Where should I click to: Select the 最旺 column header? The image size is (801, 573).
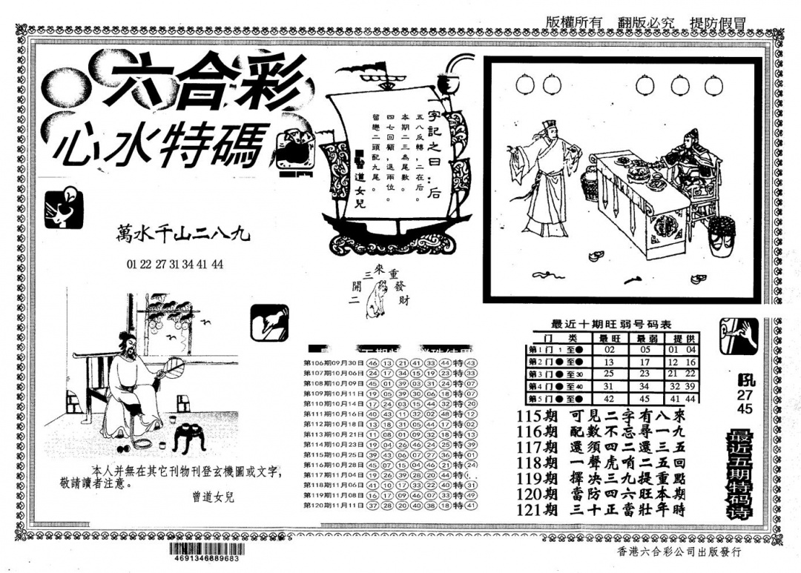click(x=610, y=337)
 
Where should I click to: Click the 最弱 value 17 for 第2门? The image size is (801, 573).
click(x=645, y=362)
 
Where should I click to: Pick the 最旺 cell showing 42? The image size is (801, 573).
click(x=610, y=398)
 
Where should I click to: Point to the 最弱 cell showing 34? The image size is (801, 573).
click(x=645, y=386)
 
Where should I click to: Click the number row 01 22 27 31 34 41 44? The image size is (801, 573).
click(x=175, y=264)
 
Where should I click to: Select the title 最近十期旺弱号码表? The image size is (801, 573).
click(x=613, y=324)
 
